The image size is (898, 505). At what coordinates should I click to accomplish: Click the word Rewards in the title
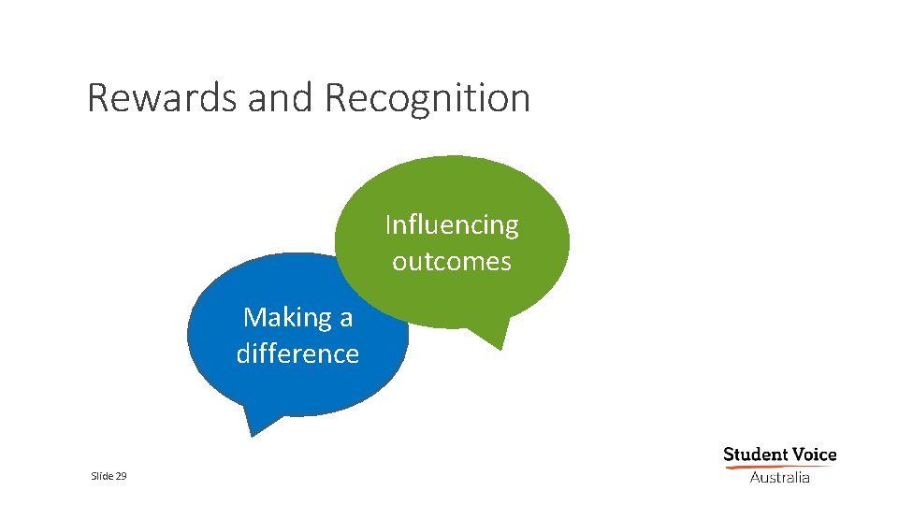click(x=162, y=98)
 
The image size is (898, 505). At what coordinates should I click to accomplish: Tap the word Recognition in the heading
click(x=427, y=98)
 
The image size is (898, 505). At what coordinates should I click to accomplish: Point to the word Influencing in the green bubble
click(x=452, y=225)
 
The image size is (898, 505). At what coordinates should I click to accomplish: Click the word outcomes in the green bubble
click(x=452, y=261)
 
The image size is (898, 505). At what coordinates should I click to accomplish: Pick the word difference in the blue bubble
click(x=297, y=353)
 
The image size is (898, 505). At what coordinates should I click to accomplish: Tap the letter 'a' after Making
click(x=345, y=319)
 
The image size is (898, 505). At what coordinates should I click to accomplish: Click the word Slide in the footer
click(x=100, y=476)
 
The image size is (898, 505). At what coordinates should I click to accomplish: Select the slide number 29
click(x=122, y=476)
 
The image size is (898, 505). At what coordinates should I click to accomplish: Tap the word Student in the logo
click(x=757, y=455)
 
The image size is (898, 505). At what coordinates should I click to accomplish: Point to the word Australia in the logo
click(x=779, y=478)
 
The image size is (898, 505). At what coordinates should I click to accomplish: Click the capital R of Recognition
click(x=335, y=98)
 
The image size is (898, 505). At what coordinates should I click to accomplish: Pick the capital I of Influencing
click(x=389, y=225)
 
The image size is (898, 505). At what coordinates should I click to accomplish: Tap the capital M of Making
click(x=253, y=318)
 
